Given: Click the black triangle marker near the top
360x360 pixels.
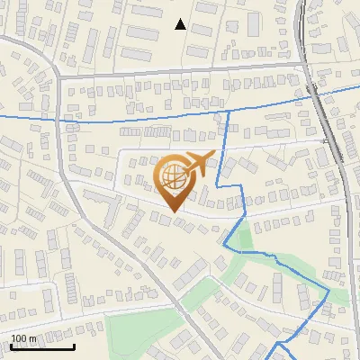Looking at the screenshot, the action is click(x=181, y=24).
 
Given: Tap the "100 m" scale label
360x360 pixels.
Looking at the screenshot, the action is click(x=23, y=338).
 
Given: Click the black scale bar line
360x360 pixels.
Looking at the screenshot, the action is click(x=41, y=346).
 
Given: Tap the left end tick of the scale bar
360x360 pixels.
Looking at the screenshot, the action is click(x=10, y=345).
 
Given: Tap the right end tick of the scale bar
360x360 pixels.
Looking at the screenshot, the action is click(x=74, y=345).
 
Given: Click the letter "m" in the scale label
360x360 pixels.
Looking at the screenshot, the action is click(x=32, y=338).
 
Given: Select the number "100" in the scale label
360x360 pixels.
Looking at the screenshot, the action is click(x=19, y=338).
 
